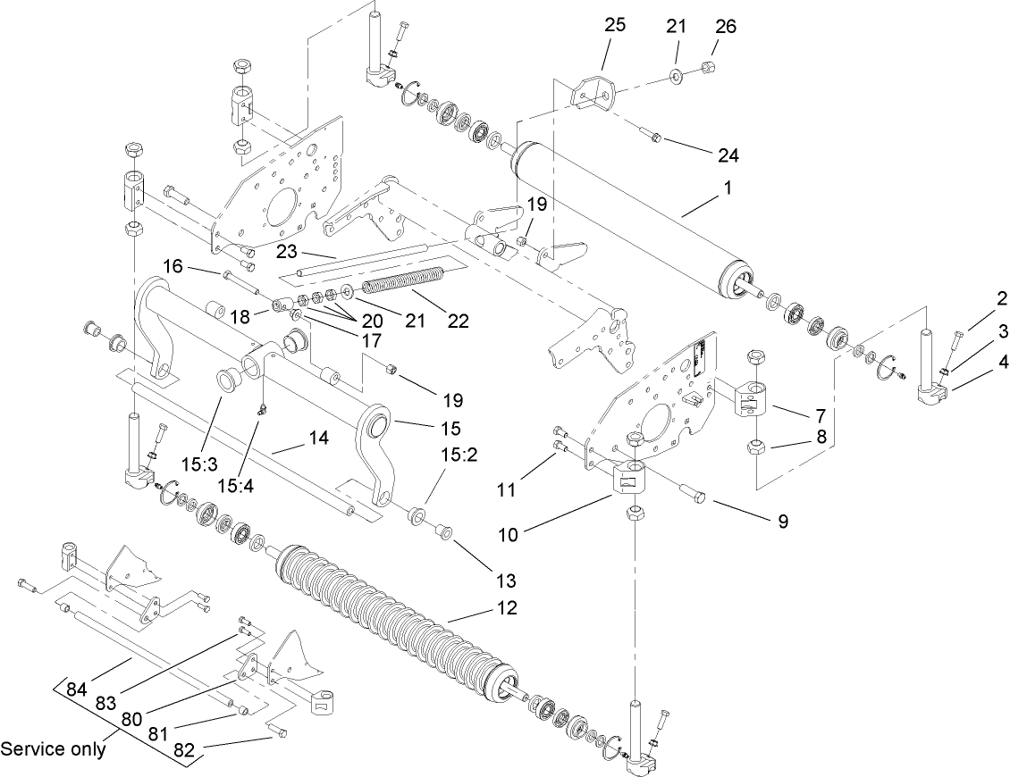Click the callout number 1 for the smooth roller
pos(728,189)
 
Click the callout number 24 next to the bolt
pos(728,155)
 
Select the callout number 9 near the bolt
pos(782,522)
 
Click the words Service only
pos(53,748)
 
